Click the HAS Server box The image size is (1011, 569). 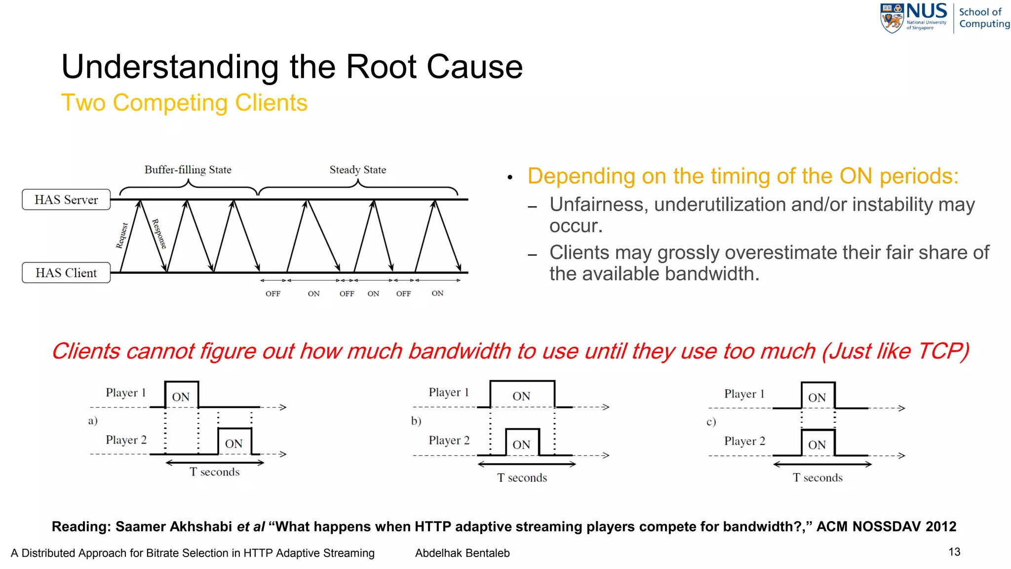pyautogui.click(x=66, y=200)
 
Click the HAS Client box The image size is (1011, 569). pyautogui.click(x=66, y=273)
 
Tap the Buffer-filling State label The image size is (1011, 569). pyautogui.click(x=188, y=170)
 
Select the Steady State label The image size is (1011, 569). pyautogui.click(x=357, y=170)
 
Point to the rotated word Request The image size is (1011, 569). pyautogui.click(x=122, y=236)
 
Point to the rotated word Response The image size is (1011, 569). pyautogui.click(x=159, y=234)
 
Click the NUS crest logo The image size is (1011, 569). pyautogui.click(x=892, y=18)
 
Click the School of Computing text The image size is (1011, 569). pyautogui.click(x=983, y=18)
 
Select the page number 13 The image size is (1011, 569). pyautogui.click(x=954, y=552)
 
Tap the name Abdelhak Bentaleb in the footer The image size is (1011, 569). pyautogui.click(x=462, y=553)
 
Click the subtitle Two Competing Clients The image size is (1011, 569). pyautogui.click(x=184, y=103)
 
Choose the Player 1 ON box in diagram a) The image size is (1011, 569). pyautogui.click(x=181, y=395)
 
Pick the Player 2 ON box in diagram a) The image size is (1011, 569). pyautogui.click(x=234, y=442)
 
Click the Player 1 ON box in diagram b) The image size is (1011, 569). pyautogui.click(x=522, y=395)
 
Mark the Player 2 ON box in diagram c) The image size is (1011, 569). pyautogui.click(x=817, y=443)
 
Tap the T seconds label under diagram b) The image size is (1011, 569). pyautogui.click(x=522, y=478)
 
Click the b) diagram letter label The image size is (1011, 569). pyautogui.click(x=416, y=421)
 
